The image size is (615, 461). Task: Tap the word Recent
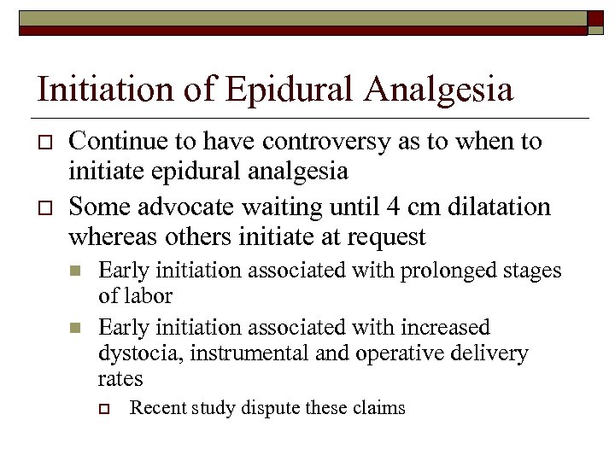point(155,408)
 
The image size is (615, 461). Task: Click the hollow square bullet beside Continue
point(45,143)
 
